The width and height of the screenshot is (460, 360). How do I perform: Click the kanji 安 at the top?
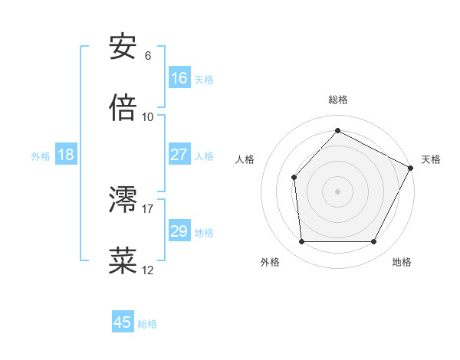(123, 48)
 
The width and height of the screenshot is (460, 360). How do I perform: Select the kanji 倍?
(123, 109)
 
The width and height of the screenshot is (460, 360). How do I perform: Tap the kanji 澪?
(123, 201)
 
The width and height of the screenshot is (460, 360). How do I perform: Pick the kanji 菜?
(123, 261)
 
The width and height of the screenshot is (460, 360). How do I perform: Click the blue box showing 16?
(179, 78)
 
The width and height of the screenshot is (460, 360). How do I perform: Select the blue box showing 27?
(179, 155)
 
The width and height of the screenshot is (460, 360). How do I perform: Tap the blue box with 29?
(179, 231)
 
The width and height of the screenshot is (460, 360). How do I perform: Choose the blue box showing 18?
(66, 155)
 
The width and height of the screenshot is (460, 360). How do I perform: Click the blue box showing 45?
(123, 322)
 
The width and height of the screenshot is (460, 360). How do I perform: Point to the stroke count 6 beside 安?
(148, 55)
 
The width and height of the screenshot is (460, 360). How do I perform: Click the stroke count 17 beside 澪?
(148, 208)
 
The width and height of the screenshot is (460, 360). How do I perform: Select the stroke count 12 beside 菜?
(148, 270)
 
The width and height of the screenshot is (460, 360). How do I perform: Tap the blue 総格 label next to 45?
(147, 324)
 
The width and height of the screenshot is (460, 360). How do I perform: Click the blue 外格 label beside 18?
(41, 156)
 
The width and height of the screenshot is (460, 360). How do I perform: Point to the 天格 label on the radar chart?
(431, 159)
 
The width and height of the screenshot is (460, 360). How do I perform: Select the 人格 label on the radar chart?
(245, 159)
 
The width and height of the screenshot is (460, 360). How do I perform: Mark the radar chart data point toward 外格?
(301, 242)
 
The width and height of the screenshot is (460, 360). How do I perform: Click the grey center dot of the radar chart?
(337, 191)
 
